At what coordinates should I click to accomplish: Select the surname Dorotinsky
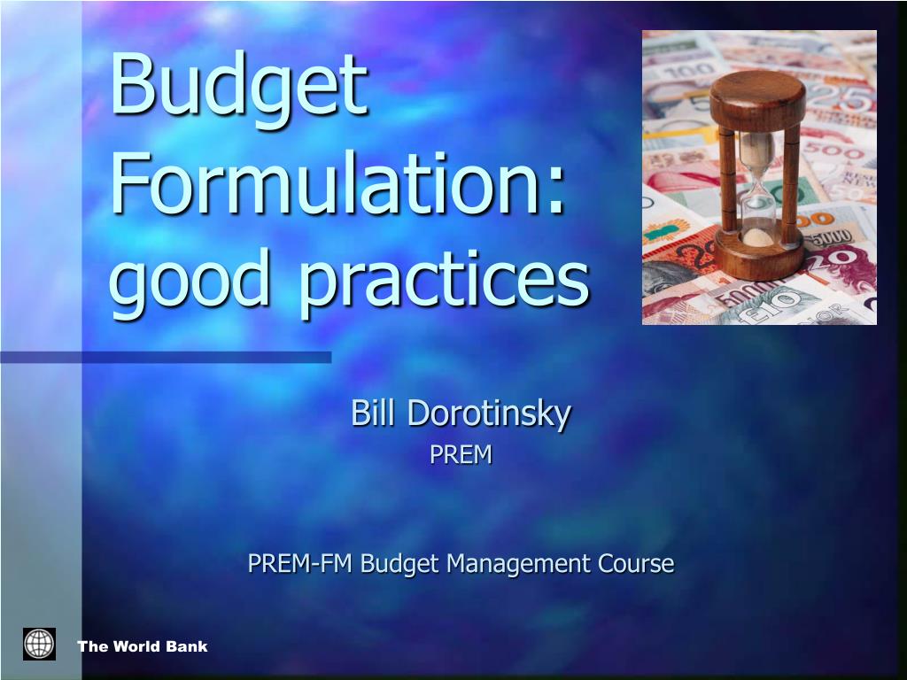489,414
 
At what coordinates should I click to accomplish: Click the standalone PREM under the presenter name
461,454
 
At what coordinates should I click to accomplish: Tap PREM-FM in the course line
299,562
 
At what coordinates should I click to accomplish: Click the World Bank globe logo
39,645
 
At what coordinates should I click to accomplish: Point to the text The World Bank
143,646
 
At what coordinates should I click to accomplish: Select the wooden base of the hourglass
759,253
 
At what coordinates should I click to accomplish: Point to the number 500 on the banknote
833,152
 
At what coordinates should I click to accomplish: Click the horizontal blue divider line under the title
166,358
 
